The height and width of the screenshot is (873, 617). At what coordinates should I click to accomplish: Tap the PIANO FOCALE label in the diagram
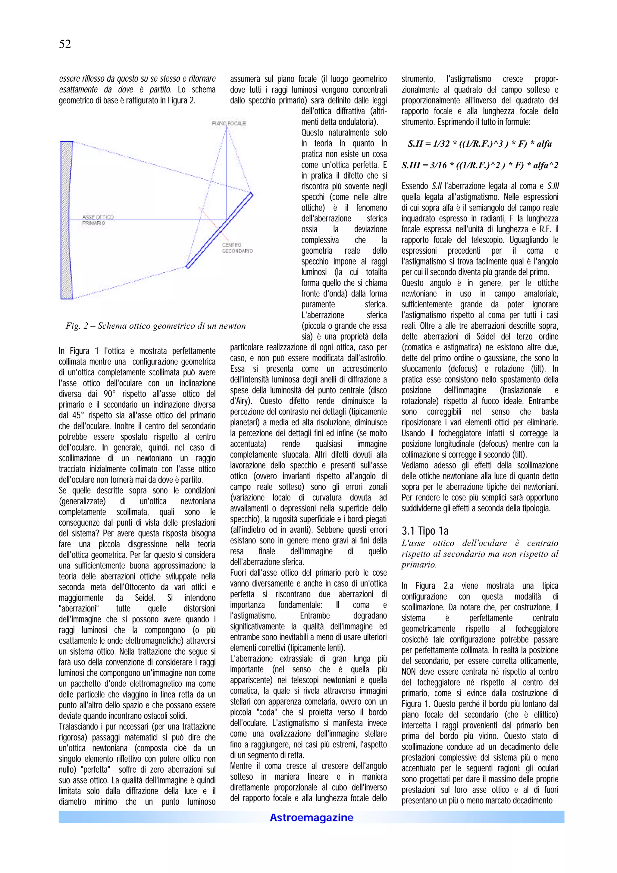229,123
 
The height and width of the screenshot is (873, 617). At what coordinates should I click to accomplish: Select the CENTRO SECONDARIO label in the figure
237,248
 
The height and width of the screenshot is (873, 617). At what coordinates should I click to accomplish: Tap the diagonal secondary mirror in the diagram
220,230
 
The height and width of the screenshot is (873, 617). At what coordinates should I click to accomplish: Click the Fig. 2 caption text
155,326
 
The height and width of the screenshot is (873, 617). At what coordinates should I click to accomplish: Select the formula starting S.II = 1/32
479,144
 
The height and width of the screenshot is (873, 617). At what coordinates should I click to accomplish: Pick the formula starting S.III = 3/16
479,165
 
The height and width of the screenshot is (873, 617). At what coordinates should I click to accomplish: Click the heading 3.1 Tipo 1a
424,531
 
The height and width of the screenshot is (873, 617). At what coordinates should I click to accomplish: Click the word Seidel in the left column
145,598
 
